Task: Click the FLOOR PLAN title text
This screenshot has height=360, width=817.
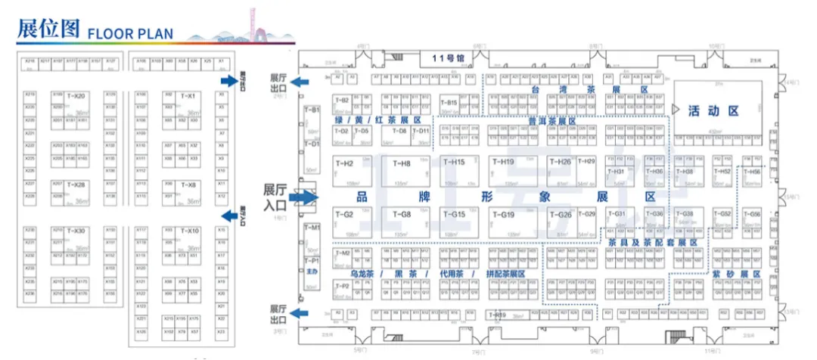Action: (130, 33)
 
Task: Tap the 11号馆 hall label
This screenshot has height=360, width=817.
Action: (447, 58)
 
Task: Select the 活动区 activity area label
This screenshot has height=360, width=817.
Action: (713, 110)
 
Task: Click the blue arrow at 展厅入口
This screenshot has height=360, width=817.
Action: (303, 198)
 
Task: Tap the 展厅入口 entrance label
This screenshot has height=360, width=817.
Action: (276, 197)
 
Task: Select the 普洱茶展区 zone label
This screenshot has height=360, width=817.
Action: (551, 121)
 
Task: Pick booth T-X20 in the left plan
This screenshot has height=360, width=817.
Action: (76, 96)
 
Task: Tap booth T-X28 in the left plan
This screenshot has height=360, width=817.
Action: (76, 185)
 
